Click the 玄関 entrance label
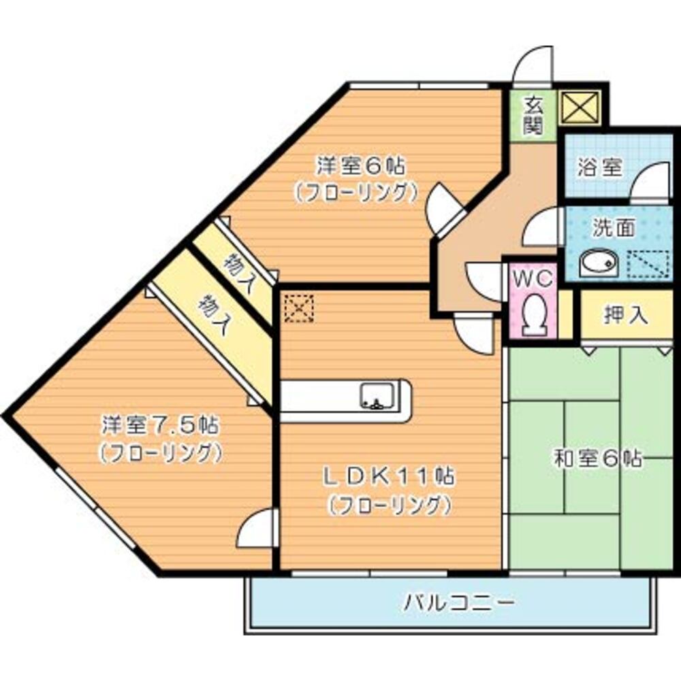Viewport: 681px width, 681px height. [x=533, y=115]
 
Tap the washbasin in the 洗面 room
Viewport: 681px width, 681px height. [x=598, y=264]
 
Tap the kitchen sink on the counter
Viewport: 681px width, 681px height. [x=374, y=396]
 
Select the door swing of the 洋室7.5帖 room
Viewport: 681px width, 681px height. [x=257, y=529]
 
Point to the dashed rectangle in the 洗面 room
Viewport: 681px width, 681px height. [x=648, y=264]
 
